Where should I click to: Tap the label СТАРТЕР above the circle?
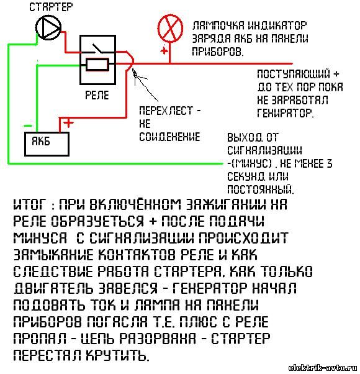click(51, 7)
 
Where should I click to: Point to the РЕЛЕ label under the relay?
click(97, 95)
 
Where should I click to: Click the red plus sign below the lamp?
click(164, 50)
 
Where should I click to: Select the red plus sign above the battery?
click(68, 123)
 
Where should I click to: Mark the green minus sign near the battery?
click(28, 125)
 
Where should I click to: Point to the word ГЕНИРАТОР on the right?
click(285, 113)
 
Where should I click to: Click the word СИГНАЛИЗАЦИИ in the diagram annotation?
click(264, 150)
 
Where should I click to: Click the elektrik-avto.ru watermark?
click(323, 368)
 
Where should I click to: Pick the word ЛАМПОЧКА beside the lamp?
click(218, 25)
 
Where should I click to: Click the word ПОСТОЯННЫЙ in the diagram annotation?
click(261, 189)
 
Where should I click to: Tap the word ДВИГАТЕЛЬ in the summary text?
click(53, 288)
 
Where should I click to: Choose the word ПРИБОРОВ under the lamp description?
click(218, 52)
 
